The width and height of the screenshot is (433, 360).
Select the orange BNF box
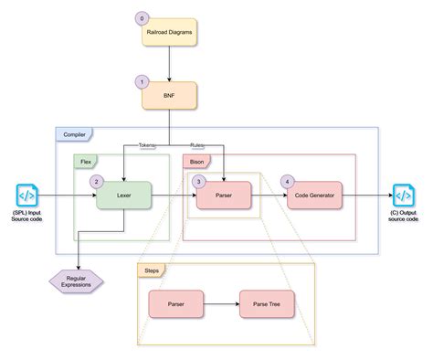(170, 93)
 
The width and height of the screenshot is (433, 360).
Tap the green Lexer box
(123, 195)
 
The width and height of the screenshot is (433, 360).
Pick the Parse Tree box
(266, 303)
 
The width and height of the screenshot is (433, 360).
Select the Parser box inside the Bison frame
(223, 195)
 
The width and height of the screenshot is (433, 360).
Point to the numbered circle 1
(142, 80)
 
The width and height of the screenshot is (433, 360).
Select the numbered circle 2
(95, 181)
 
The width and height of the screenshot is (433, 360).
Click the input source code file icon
(26, 195)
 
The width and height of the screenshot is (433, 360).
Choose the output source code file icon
(403, 195)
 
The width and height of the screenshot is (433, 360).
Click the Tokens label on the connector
(147, 145)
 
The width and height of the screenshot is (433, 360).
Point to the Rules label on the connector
(197, 145)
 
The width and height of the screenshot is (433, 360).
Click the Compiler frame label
(74, 135)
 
